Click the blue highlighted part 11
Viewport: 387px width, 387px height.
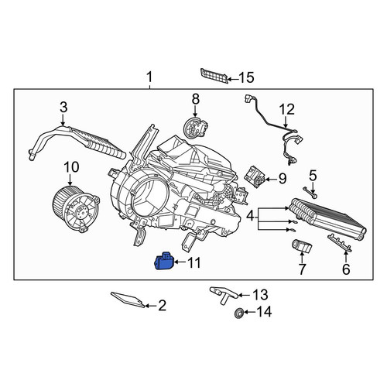pyautogui.click(x=164, y=261)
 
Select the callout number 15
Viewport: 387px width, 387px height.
pyautogui.click(x=246, y=77)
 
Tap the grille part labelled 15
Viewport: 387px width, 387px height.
pyautogui.click(x=214, y=76)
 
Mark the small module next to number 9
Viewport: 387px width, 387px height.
pyautogui.click(x=255, y=176)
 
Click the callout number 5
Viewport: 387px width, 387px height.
pyautogui.click(x=313, y=176)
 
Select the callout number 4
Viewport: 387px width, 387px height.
pyautogui.click(x=250, y=216)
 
